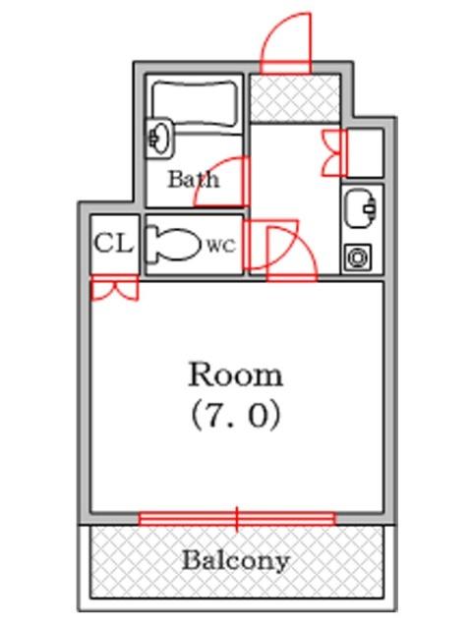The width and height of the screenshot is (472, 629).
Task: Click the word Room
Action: (235, 374)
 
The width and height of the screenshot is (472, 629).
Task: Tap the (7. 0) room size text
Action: (236, 416)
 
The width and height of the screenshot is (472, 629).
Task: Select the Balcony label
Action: (236, 561)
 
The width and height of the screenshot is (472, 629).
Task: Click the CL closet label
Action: (113, 244)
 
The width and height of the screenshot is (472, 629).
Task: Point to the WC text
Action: (220, 247)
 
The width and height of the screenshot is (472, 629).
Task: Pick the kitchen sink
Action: (362, 206)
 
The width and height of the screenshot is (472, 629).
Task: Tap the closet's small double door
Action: (114, 290)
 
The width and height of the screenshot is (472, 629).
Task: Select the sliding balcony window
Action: (237, 518)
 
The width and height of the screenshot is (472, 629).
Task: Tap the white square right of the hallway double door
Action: (365, 151)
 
